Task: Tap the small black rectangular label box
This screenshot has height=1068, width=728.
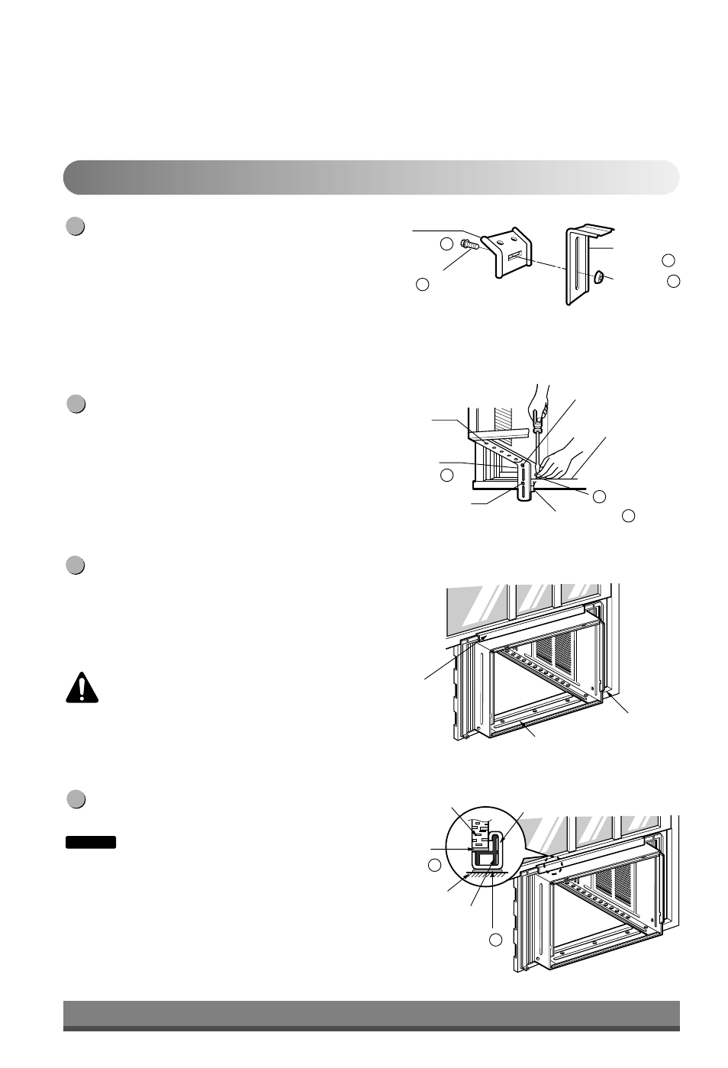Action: pos(90,842)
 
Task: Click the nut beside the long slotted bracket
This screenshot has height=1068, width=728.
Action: pos(599,278)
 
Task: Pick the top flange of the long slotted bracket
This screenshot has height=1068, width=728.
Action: pos(591,230)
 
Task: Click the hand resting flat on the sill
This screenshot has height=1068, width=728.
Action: pos(561,458)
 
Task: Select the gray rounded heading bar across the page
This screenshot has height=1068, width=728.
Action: pos(371,177)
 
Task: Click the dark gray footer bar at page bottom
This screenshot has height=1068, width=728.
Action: pos(371,1015)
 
